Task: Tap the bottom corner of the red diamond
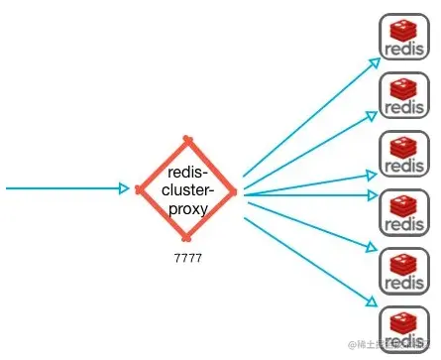click(x=185, y=238)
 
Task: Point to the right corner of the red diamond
click(x=235, y=188)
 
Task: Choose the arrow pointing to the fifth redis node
click(x=312, y=223)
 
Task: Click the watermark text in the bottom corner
click(x=391, y=344)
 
